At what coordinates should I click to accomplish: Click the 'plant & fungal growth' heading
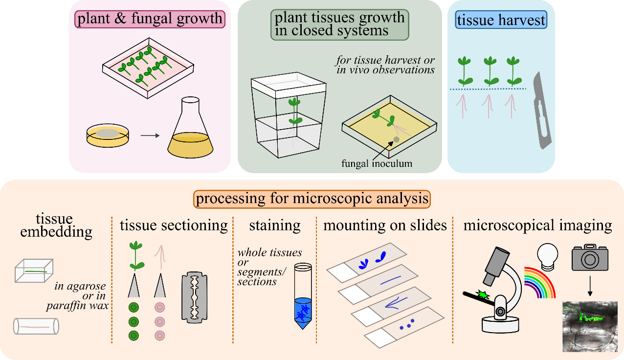150,19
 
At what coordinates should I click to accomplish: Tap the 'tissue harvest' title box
501,20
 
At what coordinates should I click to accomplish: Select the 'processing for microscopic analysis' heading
312,199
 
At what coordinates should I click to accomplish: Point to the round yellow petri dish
108,135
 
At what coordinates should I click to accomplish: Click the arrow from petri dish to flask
150,135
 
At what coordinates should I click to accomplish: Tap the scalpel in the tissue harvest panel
542,111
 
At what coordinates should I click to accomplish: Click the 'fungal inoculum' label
377,163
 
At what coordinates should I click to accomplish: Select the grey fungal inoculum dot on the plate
396,139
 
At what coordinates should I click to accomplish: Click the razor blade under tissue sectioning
195,297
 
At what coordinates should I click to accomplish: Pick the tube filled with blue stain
303,296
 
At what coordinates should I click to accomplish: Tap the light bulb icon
547,257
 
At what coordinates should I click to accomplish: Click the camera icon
590,257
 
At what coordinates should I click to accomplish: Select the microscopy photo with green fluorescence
590,327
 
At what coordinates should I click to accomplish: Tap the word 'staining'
275,225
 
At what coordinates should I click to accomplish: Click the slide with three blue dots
404,327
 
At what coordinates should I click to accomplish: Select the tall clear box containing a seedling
289,115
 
